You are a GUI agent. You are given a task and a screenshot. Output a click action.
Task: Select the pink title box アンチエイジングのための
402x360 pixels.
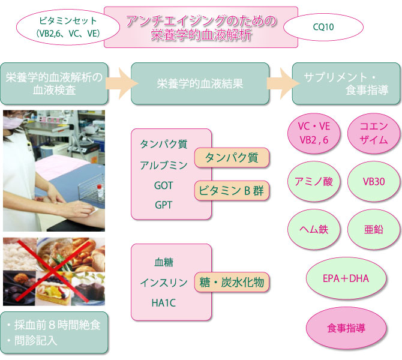coord(202,27)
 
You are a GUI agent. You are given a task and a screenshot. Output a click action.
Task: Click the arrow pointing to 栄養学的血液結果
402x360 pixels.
coord(120,84)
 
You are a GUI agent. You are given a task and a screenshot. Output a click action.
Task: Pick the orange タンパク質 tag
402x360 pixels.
coord(231,158)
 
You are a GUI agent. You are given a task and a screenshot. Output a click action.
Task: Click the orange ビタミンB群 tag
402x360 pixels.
coord(231,191)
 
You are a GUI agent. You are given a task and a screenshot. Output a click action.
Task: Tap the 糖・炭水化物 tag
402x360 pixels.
coord(232,281)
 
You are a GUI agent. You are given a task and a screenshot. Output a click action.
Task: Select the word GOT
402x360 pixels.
coord(163,185)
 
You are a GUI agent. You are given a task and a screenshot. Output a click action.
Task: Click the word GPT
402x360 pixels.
coord(163,205)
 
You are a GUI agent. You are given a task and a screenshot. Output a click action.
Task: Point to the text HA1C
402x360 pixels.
coord(163,302)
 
